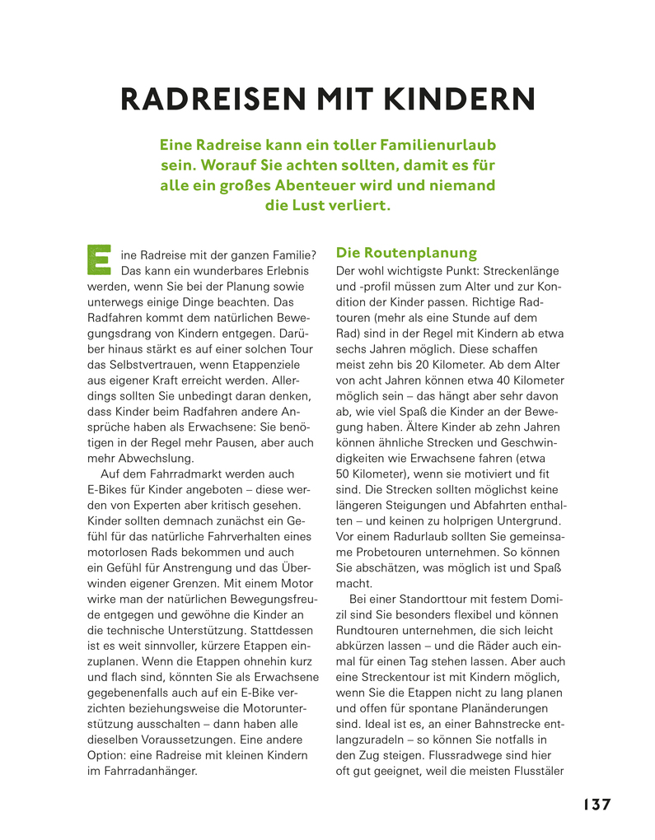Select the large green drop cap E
pyautogui.click(x=99, y=258)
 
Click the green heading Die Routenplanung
pyautogui.click(x=406, y=253)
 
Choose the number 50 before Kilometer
pyautogui.click(x=344, y=474)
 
